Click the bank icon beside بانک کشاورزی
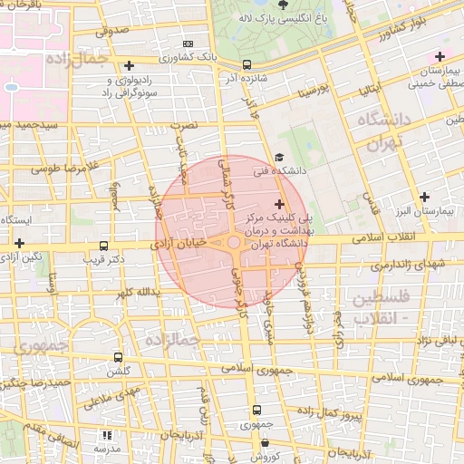click(188, 43)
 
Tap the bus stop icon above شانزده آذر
click(247, 64)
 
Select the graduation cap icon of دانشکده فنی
click(278, 156)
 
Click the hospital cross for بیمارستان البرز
click(424, 197)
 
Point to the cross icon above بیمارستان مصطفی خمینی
click(440, 57)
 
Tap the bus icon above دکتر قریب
click(103, 245)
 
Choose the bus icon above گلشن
click(118, 358)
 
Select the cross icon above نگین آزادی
click(19, 243)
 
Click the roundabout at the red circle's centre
click(234, 242)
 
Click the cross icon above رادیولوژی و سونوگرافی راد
click(130, 65)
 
